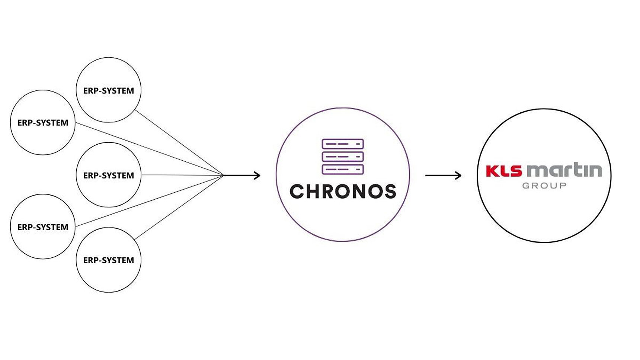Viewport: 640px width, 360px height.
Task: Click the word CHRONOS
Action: tap(343, 192)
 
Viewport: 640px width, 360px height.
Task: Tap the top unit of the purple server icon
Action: tap(343, 144)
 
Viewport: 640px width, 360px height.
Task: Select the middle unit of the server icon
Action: tap(343, 157)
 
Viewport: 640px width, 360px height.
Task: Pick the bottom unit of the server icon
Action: tap(343, 169)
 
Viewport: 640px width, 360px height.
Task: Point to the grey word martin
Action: tap(564, 170)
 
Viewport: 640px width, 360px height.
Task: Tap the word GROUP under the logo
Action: tap(544, 186)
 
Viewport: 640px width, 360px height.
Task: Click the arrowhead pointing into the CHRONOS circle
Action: tap(257, 175)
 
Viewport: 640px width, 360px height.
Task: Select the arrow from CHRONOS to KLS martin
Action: tap(443, 175)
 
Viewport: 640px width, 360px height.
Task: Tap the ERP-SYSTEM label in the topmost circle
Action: tap(109, 91)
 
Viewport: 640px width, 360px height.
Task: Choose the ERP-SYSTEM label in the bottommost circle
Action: tap(109, 260)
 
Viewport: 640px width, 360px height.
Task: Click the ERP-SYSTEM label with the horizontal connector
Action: tap(109, 176)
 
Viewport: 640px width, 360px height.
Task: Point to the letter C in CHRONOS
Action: tap(297, 192)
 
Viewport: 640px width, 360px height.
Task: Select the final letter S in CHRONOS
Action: tap(389, 192)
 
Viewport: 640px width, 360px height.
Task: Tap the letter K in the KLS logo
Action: tap(492, 171)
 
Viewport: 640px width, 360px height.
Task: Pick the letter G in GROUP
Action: tap(526, 186)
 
